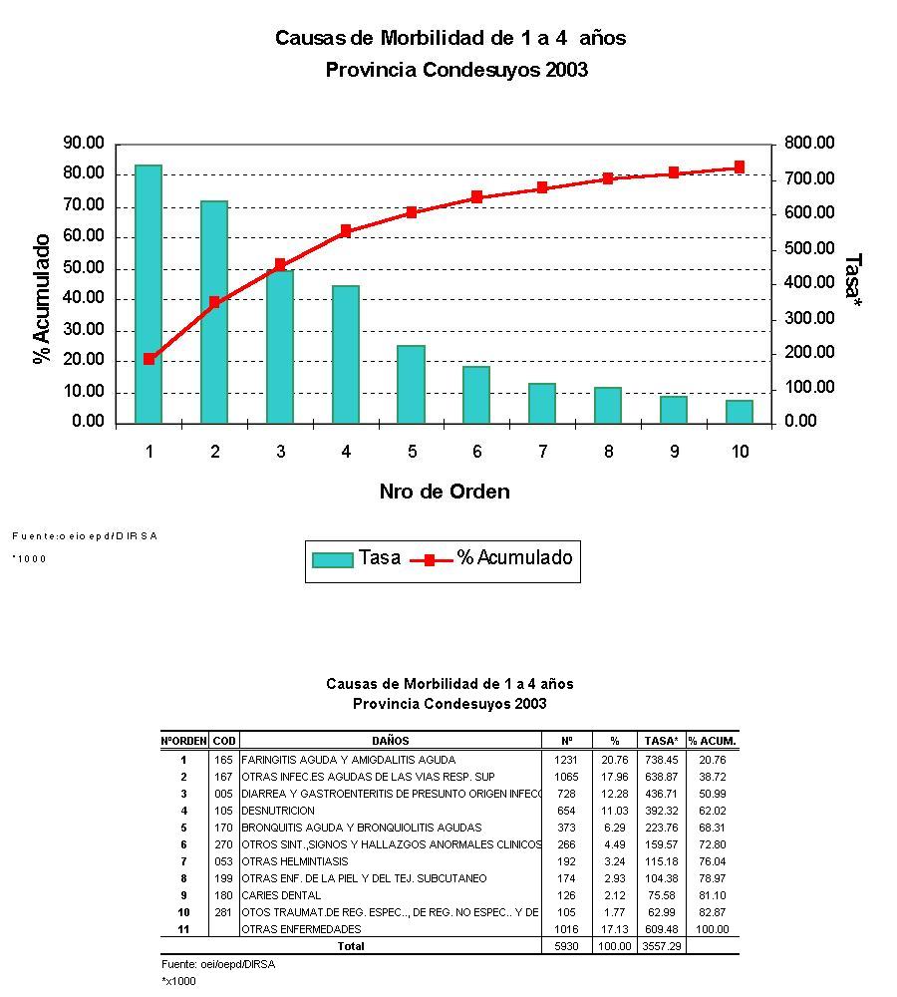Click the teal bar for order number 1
tap(149, 294)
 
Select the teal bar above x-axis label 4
tap(346, 354)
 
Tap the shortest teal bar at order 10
tap(739, 412)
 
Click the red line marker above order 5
tap(412, 212)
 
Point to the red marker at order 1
tap(149, 359)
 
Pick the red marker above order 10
tap(739, 167)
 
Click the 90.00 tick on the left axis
tap(83, 143)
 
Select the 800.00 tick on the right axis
tap(808, 144)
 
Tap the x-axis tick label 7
tap(543, 452)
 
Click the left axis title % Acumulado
tap(42, 299)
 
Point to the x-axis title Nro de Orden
tap(444, 492)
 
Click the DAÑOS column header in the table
tap(391, 741)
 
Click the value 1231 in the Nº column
tap(566, 760)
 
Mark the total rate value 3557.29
tap(662, 946)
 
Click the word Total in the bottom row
tap(351, 946)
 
